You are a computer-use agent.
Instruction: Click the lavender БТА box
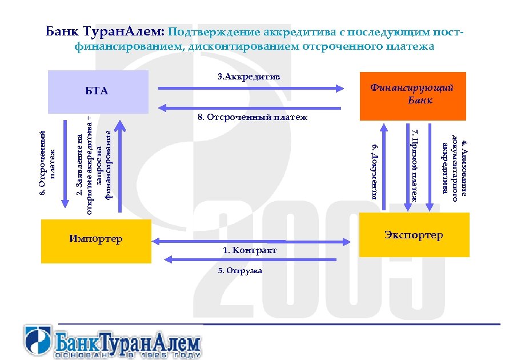[x=98, y=91]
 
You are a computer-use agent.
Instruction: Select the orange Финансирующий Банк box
[x=412, y=95]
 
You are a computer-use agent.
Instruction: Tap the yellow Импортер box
[x=96, y=240]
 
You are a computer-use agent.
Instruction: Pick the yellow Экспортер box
[x=414, y=234]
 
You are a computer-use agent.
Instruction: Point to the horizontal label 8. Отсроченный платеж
[x=252, y=118]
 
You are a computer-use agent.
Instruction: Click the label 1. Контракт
[x=250, y=251]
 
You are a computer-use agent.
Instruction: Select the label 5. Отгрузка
[x=241, y=270]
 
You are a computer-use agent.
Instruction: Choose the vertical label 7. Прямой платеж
[x=416, y=166]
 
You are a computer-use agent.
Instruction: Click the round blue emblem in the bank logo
[x=38, y=341]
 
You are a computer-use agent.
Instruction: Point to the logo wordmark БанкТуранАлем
[x=129, y=343]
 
